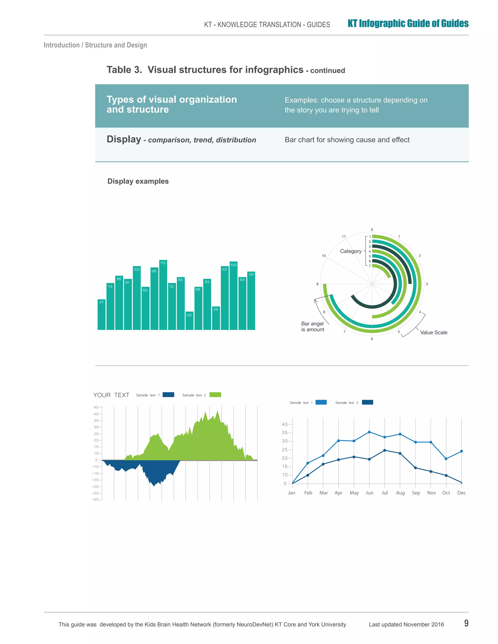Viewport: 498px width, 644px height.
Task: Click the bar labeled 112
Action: click(x=163, y=295)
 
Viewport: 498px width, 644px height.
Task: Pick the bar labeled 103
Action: click(x=137, y=298)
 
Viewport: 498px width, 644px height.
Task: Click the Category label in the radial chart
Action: click(x=350, y=251)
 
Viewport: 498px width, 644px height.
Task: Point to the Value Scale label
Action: click(x=433, y=333)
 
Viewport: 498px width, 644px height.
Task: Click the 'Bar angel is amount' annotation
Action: click(x=312, y=327)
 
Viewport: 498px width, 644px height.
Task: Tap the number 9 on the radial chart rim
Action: click(x=317, y=284)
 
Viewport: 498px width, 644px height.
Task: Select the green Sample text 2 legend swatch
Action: click(x=215, y=395)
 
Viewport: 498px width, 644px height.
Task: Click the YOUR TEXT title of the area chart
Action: click(x=111, y=395)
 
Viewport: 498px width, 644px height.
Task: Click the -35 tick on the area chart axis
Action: click(x=95, y=499)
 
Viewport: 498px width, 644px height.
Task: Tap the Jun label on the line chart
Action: click(x=369, y=493)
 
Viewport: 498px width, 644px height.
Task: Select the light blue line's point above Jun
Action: click(x=369, y=432)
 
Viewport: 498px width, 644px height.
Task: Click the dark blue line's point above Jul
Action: click(x=385, y=450)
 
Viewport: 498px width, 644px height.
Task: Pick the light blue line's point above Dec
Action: click(x=462, y=451)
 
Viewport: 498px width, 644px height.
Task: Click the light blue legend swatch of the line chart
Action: click(x=321, y=402)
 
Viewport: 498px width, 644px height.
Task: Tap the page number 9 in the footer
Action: click(x=466, y=623)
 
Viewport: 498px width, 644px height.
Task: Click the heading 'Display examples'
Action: click(x=138, y=181)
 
